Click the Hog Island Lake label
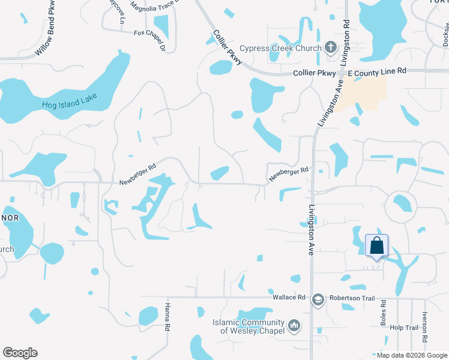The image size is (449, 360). (70, 101)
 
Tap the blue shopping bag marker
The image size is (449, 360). (376, 246)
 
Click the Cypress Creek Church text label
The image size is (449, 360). (280, 48)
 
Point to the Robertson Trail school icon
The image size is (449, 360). (318, 298)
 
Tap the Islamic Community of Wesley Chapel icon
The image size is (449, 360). (294, 326)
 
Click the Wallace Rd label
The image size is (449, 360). (289, 297)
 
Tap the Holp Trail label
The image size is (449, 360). (403, 328)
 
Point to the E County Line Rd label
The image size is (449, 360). (377, 71)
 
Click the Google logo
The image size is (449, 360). (20, 353)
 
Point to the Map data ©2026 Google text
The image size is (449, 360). (411, 355)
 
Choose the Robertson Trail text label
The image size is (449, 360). (351, 298)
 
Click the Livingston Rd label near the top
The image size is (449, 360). (346, 35)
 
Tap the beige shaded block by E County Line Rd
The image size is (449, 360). (361, 93)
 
